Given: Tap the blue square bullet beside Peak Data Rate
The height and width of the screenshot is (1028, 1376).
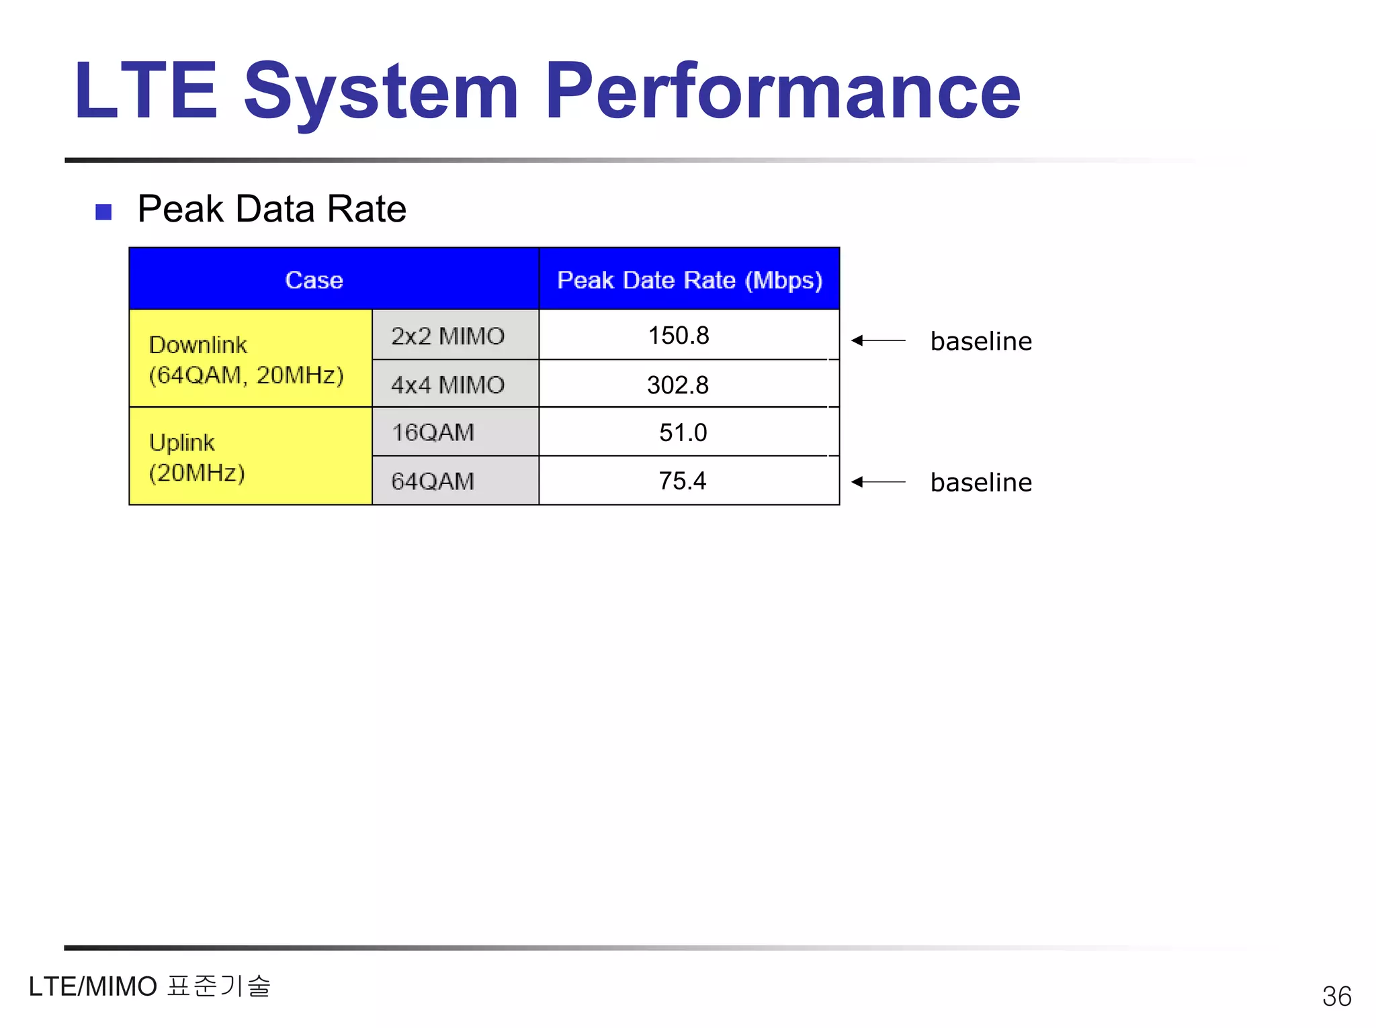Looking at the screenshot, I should (x=103, y=212).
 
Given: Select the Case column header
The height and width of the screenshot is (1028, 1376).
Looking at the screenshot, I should (x=314, y=279).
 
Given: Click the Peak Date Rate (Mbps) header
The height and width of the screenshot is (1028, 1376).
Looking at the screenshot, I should (x=689, y=279).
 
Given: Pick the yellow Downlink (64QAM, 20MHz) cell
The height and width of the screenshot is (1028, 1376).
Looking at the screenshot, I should (x=246, y=359).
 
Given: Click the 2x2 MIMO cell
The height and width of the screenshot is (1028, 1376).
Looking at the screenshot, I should (x=448, y=336).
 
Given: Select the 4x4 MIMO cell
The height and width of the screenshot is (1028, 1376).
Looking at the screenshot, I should (x=448, y=385).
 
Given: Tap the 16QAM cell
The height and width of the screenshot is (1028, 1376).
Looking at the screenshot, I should (x=433, y=432).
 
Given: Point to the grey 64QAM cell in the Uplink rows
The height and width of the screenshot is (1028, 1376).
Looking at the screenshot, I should (x=433, y=481).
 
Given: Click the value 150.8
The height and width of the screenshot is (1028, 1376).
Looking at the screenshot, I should (x=679, y=336).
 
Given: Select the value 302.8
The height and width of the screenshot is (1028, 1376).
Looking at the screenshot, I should (x=678, y=385).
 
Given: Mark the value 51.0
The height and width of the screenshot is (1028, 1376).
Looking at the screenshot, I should (x=683, y=433).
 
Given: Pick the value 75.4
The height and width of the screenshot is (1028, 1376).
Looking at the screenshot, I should (x=683, y=481).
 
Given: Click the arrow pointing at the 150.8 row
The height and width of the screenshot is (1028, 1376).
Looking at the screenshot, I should (x=878, y=340).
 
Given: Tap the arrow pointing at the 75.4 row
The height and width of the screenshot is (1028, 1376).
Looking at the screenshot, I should (x=878, y=481).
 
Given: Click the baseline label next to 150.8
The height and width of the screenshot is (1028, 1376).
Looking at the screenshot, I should (x=981, y=341).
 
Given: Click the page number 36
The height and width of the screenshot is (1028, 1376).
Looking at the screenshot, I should (x=1336, y=996).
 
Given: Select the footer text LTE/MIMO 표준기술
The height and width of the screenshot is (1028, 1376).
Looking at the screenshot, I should (x=149, y=986).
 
